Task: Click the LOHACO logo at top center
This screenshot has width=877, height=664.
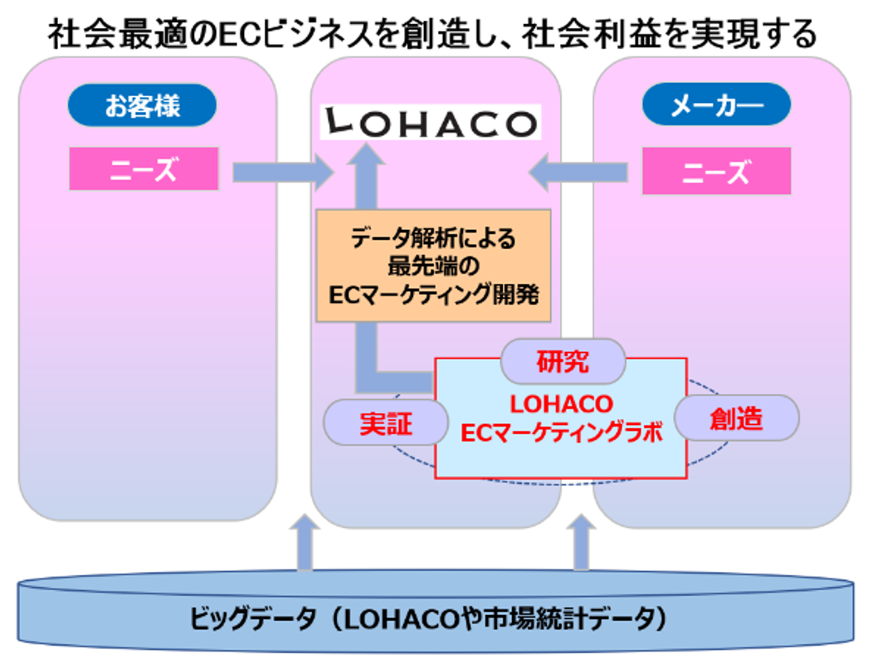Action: pos(430,123)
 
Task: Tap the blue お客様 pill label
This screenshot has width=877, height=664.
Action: pos(142,106)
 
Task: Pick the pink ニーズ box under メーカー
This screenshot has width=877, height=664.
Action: pos(716,172)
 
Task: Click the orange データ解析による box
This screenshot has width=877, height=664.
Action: pos(433,266)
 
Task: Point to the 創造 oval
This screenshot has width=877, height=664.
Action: pos(735,418)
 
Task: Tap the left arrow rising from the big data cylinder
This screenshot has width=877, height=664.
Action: pos(305,544)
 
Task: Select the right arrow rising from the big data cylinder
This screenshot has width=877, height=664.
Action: pos(582,544)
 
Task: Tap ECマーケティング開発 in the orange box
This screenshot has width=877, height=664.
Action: pos(433,292)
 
